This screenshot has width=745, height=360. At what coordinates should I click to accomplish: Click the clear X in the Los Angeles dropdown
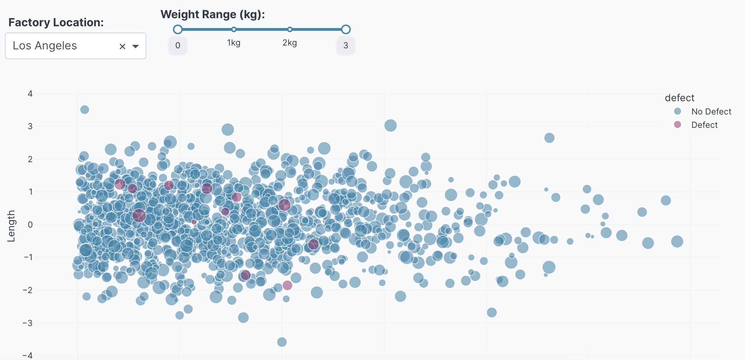pos(122,46)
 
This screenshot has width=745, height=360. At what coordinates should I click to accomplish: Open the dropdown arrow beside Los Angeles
pos(135,46)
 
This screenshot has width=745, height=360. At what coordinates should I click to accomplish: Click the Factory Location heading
pos(56,22)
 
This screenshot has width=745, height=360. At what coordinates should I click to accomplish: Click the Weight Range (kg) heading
pos(213,14)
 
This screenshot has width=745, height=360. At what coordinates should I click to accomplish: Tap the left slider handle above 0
pos(178,29)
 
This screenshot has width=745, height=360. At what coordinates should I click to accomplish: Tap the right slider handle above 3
pos(346,29)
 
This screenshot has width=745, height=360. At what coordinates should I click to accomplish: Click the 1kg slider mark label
pos(234,43)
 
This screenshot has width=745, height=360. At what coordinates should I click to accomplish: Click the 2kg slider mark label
pos(290,43)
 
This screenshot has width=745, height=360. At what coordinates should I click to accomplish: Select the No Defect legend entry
pos(711,111)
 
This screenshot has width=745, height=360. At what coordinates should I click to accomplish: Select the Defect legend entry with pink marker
pos(704,125)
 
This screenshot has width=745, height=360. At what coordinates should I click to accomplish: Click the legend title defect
pos(679,98)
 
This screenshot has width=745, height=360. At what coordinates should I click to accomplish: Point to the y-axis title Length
pos(11,226)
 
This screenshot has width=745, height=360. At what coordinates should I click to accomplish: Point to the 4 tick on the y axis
pos(30,94)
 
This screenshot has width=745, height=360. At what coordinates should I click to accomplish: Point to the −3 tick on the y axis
pos(28,323)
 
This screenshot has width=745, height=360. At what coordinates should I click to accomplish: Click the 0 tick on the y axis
pos(30,224)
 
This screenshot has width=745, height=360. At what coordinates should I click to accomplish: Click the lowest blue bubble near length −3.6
pos(282,342)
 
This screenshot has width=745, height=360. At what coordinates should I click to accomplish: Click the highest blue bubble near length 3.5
pos(84,110)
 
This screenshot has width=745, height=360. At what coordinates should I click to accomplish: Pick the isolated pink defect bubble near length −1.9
pos(287,285)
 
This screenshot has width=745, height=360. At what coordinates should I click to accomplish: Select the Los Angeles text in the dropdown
pos(45,46)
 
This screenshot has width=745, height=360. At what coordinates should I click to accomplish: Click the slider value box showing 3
pos(346,46)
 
